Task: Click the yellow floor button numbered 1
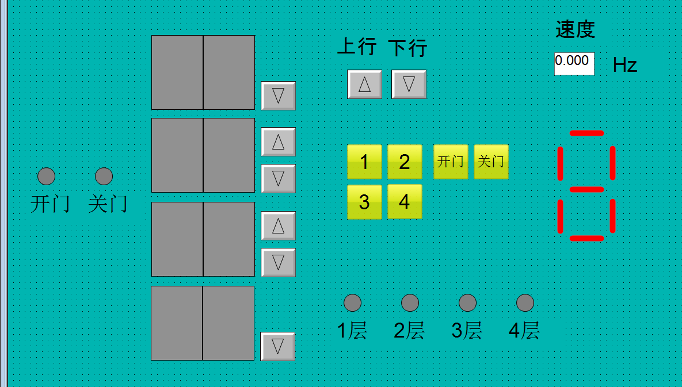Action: click(x=364, y=162)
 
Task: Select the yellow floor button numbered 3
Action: click(x=364, y=201)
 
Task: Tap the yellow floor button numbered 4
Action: click(x=405, y=201)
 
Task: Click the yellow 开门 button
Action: click(x=451, y=162)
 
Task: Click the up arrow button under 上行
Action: click(x=364, y=84)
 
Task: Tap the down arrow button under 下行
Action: click(x=409, y=84)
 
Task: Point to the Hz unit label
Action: click(x=624, y=65)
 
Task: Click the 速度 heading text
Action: click(x=575, y=29)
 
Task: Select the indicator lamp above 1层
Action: click(x=352, y=302)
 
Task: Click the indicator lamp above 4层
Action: click(x=525, y=302)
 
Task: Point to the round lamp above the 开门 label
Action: click(x=46, y=176)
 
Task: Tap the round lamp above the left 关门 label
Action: click(x=104, y=176)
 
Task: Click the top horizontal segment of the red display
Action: click(x=586, y=133)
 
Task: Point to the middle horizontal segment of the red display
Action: click(x=586, y=189)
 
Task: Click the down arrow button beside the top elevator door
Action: click(x=278, y=95)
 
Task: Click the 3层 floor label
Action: click(x=467, y=331)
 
